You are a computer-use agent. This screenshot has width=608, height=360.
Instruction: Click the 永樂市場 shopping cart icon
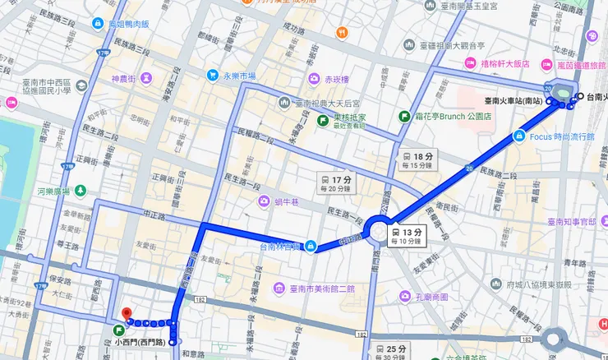pyautogui.click(x=212, y=76)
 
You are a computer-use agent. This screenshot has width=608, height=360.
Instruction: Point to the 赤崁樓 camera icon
pyautogui.click(x=314, y=79)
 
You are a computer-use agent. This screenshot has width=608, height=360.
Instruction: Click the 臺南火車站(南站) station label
pyautogui.click(x=514, y=100)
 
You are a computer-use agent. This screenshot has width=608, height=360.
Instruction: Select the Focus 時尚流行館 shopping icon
pyautogui.click(x=517, y=136)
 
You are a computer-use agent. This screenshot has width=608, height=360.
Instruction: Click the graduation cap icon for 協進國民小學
pyautogui.click(x=12, y=102)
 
